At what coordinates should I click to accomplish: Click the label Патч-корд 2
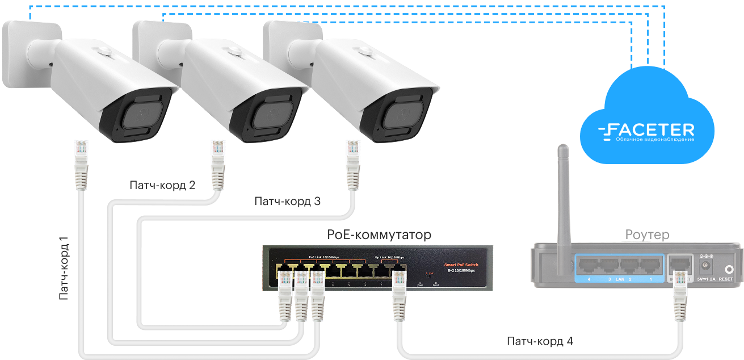point(162,186)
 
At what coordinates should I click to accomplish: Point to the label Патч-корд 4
point(539,342)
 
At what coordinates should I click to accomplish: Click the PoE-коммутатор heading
point(379,235)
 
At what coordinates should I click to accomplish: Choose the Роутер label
point(646,235)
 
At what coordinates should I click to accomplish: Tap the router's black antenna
point(564,193)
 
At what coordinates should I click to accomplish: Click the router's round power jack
point(707,266)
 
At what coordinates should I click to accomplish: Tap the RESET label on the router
point(725,279)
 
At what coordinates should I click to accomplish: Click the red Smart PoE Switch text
point(461,265)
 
